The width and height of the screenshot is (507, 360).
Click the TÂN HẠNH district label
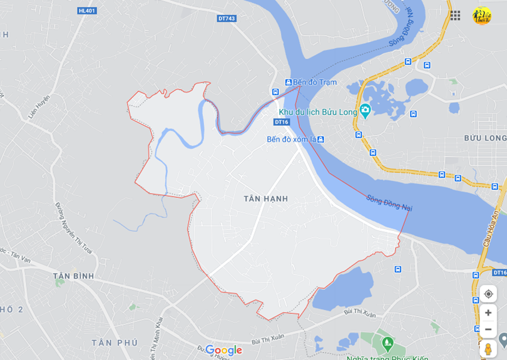[266, 198]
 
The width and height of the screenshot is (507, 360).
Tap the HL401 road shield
[87, 11]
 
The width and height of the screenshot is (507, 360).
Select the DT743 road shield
[227, 19]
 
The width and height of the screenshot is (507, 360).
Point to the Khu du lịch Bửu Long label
[318, 112]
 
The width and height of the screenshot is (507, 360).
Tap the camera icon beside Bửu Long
[365, 111]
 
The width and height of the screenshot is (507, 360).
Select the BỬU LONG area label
[485, 138]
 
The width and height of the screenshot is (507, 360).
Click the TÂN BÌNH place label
[73, 276]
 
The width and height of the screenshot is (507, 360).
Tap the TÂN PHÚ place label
[115, 342]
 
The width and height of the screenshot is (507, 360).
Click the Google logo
[223, 350]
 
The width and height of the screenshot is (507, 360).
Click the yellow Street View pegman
[488, 349]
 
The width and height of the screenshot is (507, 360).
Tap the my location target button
[488, 294]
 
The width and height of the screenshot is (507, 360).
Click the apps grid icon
[455, 15]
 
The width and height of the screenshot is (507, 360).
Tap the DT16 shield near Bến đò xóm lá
[282, 122]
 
